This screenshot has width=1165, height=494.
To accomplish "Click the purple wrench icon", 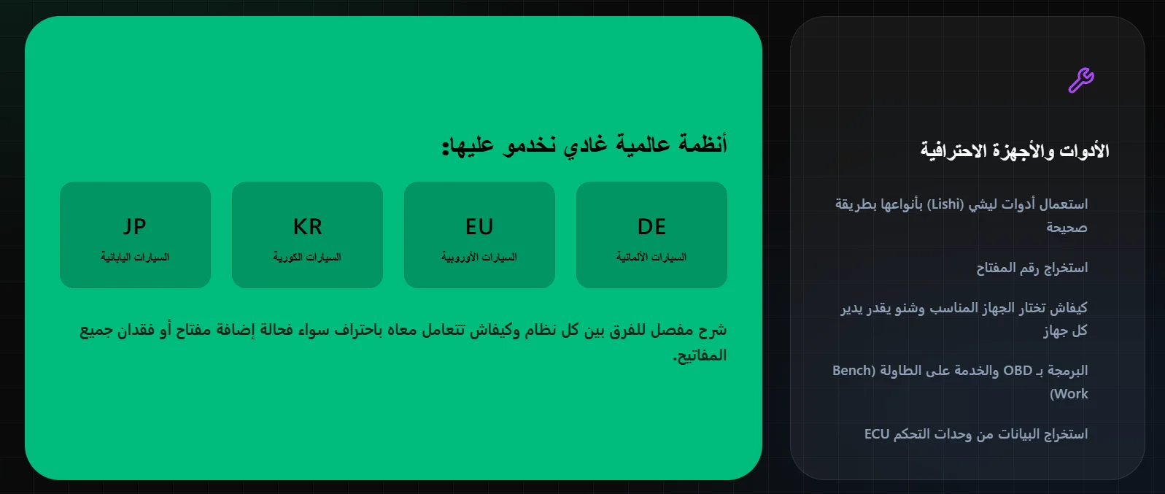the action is pyautogui.click(x=1081, y=80).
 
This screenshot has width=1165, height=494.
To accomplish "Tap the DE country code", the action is pyautogui.click(x=651, y=227).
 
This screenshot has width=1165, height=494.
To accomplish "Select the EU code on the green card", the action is pyautogui.click(x=479, y=227).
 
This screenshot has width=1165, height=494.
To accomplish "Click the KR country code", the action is pyautogui.click(x=307, y=227).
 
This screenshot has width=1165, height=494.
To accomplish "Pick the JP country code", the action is pyautogui.click(x=135, y=227).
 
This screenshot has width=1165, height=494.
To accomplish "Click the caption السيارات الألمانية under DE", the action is pyautogui.click(x=651, y=257).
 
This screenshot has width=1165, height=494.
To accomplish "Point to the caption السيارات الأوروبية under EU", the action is pyautogui.click(x=479, y=257).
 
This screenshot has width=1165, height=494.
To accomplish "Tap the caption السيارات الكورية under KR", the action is pyautogui.click(x=307, y=257).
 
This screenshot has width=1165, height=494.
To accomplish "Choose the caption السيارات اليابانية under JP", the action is pyautogui.click(x=135, y=257).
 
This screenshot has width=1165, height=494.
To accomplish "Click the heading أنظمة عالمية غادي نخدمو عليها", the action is pyautogui.click(x=584, y=144).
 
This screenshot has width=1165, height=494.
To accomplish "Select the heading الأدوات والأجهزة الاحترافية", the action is pyautogui.click(x=1015, y=151).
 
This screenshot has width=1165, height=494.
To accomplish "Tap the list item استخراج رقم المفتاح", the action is pyautogui.click(x=1032, y=268).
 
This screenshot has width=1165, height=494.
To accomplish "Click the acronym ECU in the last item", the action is pyautogui.click(x=877, y=433).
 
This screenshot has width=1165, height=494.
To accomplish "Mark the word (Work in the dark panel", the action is pyautogui.click(x=1069, y=394).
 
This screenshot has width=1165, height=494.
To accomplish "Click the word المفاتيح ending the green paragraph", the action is pyautogui.click(x=700, y=355).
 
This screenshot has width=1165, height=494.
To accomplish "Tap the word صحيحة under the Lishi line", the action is pyautogui.click(x=1067, y=228).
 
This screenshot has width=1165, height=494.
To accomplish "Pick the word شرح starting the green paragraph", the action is pyautogui.click(x=712, y=330).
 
